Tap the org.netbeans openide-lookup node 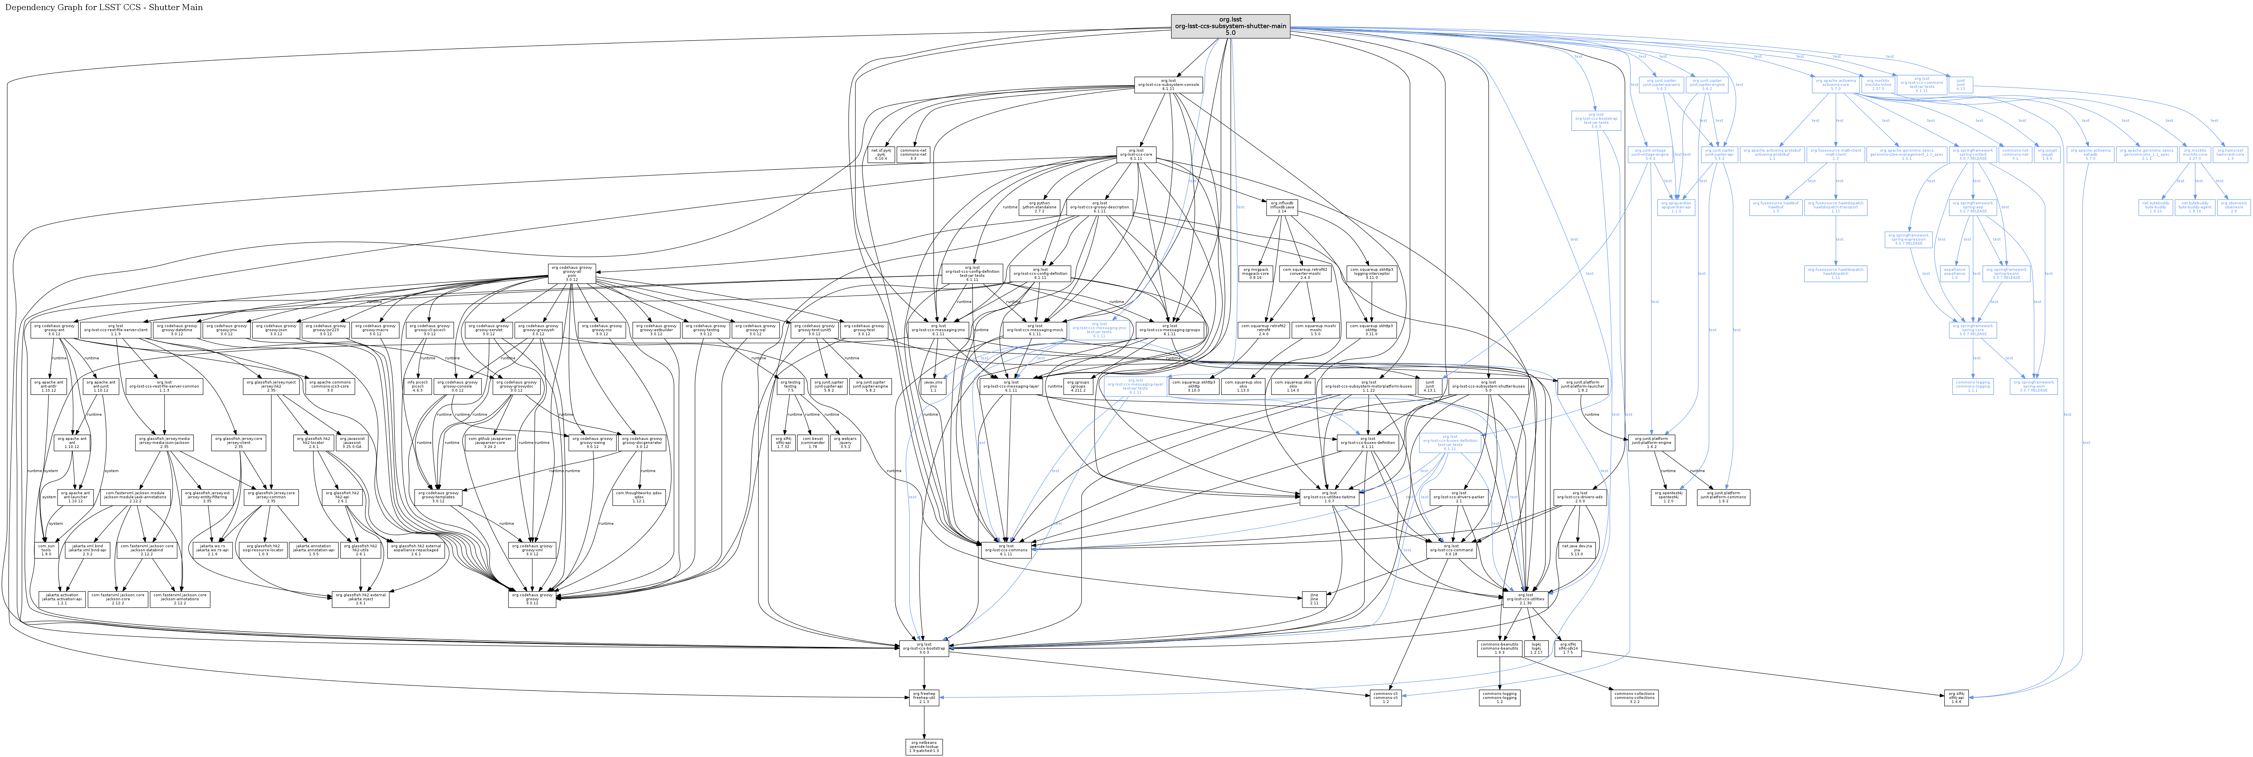coord(924,747)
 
